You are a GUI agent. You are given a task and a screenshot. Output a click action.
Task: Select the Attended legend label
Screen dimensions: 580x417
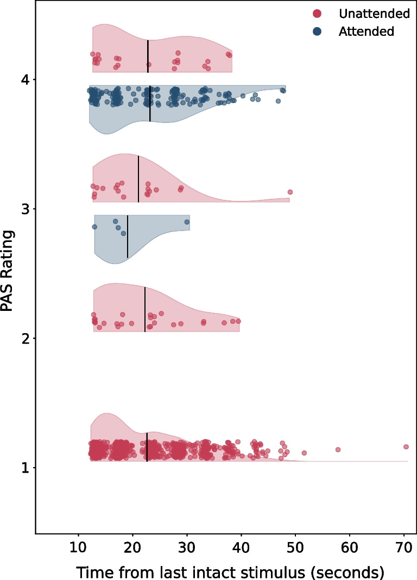366,31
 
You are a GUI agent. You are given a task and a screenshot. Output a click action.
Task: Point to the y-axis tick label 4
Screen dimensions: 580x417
25,80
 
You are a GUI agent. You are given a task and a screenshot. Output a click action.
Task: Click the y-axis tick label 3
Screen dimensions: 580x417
25,209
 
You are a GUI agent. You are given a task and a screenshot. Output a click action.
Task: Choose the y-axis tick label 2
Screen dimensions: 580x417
25,338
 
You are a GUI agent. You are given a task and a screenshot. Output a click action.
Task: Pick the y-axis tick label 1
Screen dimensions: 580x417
25,467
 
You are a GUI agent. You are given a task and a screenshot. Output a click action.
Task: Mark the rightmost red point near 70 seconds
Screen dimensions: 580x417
406,447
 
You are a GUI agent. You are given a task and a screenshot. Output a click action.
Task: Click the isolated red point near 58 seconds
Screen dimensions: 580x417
338,449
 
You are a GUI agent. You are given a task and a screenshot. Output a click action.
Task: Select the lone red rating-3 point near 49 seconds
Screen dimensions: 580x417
290,192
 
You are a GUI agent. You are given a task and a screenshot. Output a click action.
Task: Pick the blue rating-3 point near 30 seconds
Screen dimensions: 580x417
187,222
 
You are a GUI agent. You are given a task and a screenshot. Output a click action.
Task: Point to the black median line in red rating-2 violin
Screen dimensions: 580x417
145,309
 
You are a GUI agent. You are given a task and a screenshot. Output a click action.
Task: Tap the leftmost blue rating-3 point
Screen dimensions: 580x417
94,227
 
